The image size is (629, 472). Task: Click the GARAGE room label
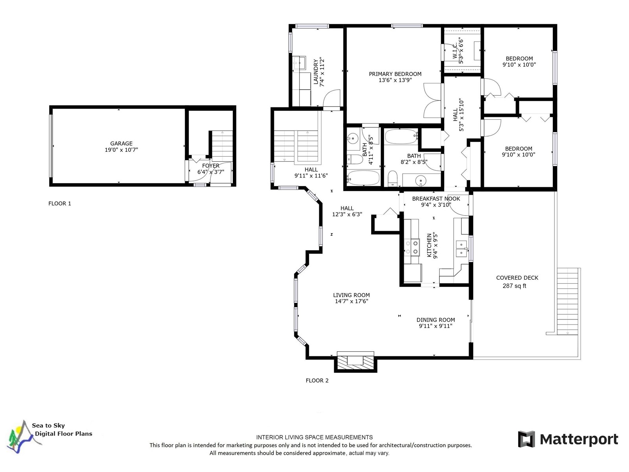(121, 143)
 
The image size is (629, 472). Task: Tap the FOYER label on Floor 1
(211, 166)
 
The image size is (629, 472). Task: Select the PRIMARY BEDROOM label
(395, 74)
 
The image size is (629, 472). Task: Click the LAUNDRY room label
(316, 72)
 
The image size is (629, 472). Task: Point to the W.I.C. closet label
(455, 51)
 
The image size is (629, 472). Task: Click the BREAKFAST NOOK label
(436, 199)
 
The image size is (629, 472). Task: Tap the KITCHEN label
(429, 245)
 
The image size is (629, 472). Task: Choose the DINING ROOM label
(436, 320)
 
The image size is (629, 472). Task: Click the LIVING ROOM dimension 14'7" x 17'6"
(351, 301)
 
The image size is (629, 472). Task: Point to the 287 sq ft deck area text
(514, 286)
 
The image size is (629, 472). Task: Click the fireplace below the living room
(355, 361)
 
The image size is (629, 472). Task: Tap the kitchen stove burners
(412, 247)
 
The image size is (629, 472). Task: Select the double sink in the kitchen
(462, 249)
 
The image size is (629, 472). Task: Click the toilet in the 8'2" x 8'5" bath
(392, 178)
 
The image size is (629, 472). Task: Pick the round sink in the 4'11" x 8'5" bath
(353, 139)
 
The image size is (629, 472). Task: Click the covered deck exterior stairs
(567, 301)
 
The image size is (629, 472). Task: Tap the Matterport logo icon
(526, 439)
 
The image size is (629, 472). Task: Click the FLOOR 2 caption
(317, 381)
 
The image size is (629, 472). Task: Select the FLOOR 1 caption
(60, 203)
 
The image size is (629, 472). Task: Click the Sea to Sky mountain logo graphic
(23, 437)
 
